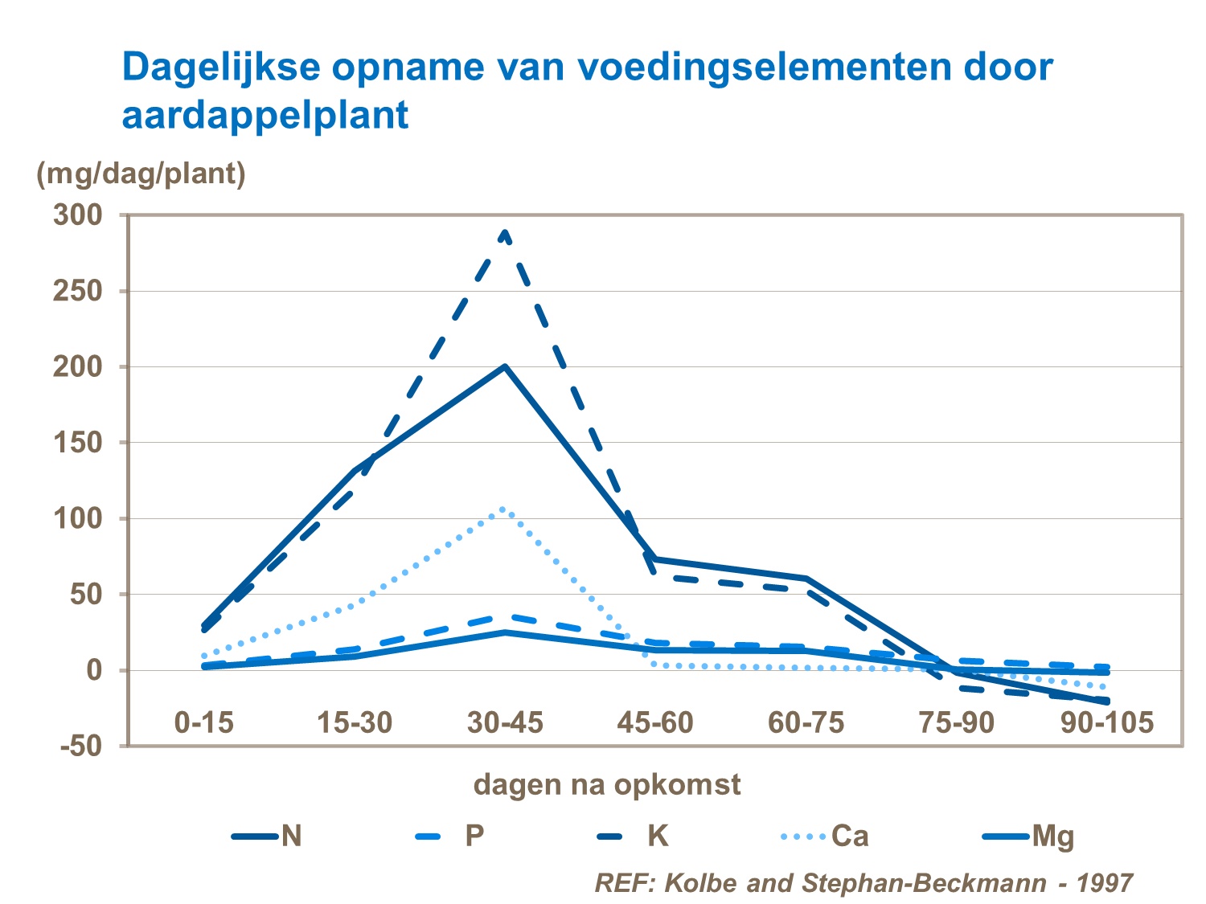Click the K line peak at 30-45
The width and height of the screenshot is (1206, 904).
pyautogui.click(x=505, y=233)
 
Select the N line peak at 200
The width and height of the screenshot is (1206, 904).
pyautogui.click(x=505, y=366)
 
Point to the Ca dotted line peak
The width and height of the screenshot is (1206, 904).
pyautogui.click(x=503, y=509)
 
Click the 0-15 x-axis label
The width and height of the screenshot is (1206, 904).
pyautogui.click(x=204, y=722)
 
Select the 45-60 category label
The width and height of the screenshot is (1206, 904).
pyautogui.click(x=655, y=722)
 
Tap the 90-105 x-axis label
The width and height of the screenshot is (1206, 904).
pyautogui.click(x=1106, y=722)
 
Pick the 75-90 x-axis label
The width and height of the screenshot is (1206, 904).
pyautogui.click(x=956, y=722)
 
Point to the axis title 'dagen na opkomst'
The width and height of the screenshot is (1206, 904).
pyautogui.click(x=607, y=783)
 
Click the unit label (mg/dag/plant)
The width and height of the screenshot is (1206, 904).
pyautogui.click(x=142, y=173)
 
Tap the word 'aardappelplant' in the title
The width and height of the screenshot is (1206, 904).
pyautogui.click(x=265, y=115)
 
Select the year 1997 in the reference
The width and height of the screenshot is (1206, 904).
pyautogui.click(x=1104, y=882)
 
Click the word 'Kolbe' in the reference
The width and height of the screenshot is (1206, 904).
pyautogui.click(x=703, y=882)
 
